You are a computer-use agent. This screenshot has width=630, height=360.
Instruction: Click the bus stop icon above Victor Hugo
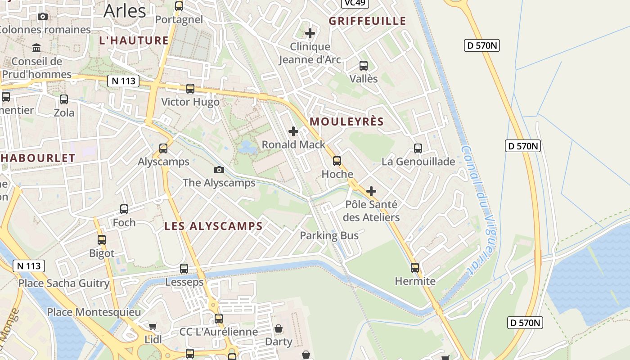tap(190, 89)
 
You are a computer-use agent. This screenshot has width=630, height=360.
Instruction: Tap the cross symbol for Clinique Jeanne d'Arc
tap(310, 33)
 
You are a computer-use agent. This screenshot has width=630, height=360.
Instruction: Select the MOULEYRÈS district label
tap(346, 121)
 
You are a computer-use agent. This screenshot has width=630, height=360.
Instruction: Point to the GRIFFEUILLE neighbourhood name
tap(367, 21)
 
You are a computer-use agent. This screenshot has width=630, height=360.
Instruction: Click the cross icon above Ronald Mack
tap(293, 131)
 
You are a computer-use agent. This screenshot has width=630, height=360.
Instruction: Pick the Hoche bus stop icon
tap(337, 161)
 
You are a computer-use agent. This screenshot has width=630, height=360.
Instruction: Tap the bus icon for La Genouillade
tap(418, 148)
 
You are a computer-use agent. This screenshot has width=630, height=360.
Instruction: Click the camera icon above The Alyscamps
tap(219, 170)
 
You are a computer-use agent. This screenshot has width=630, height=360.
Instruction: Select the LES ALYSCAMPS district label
tap(213, 226)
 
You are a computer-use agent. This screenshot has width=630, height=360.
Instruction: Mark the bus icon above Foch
tap(124, 209)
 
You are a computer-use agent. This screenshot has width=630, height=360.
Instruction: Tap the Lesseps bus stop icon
tap(184, 269)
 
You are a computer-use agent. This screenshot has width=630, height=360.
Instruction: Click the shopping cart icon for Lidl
tap(153, 326)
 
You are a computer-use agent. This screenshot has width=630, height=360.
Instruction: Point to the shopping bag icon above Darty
tap(279, 328)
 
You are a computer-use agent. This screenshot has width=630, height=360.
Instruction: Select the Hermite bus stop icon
tap(415, 268)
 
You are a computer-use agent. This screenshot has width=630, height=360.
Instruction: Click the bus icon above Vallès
tap(364, 66)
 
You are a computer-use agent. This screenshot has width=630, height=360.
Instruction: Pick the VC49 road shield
tap(355, 3)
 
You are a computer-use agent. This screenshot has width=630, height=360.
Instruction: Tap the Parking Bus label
tap(329, 235)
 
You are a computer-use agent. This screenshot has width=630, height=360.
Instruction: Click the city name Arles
tap(125, 11)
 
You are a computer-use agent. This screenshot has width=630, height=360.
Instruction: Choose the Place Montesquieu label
tap(94, 312)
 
